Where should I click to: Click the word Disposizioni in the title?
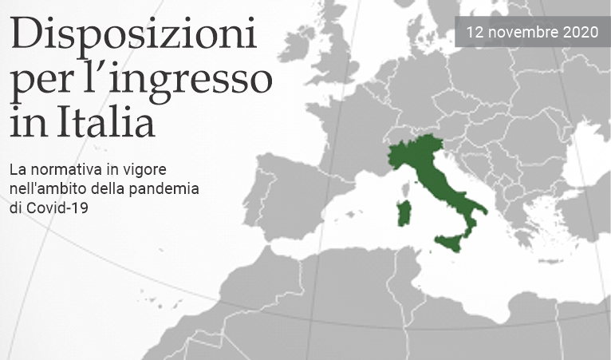pos(134,37)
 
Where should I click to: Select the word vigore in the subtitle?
pos(147,171)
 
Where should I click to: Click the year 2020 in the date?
pos(581,33)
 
